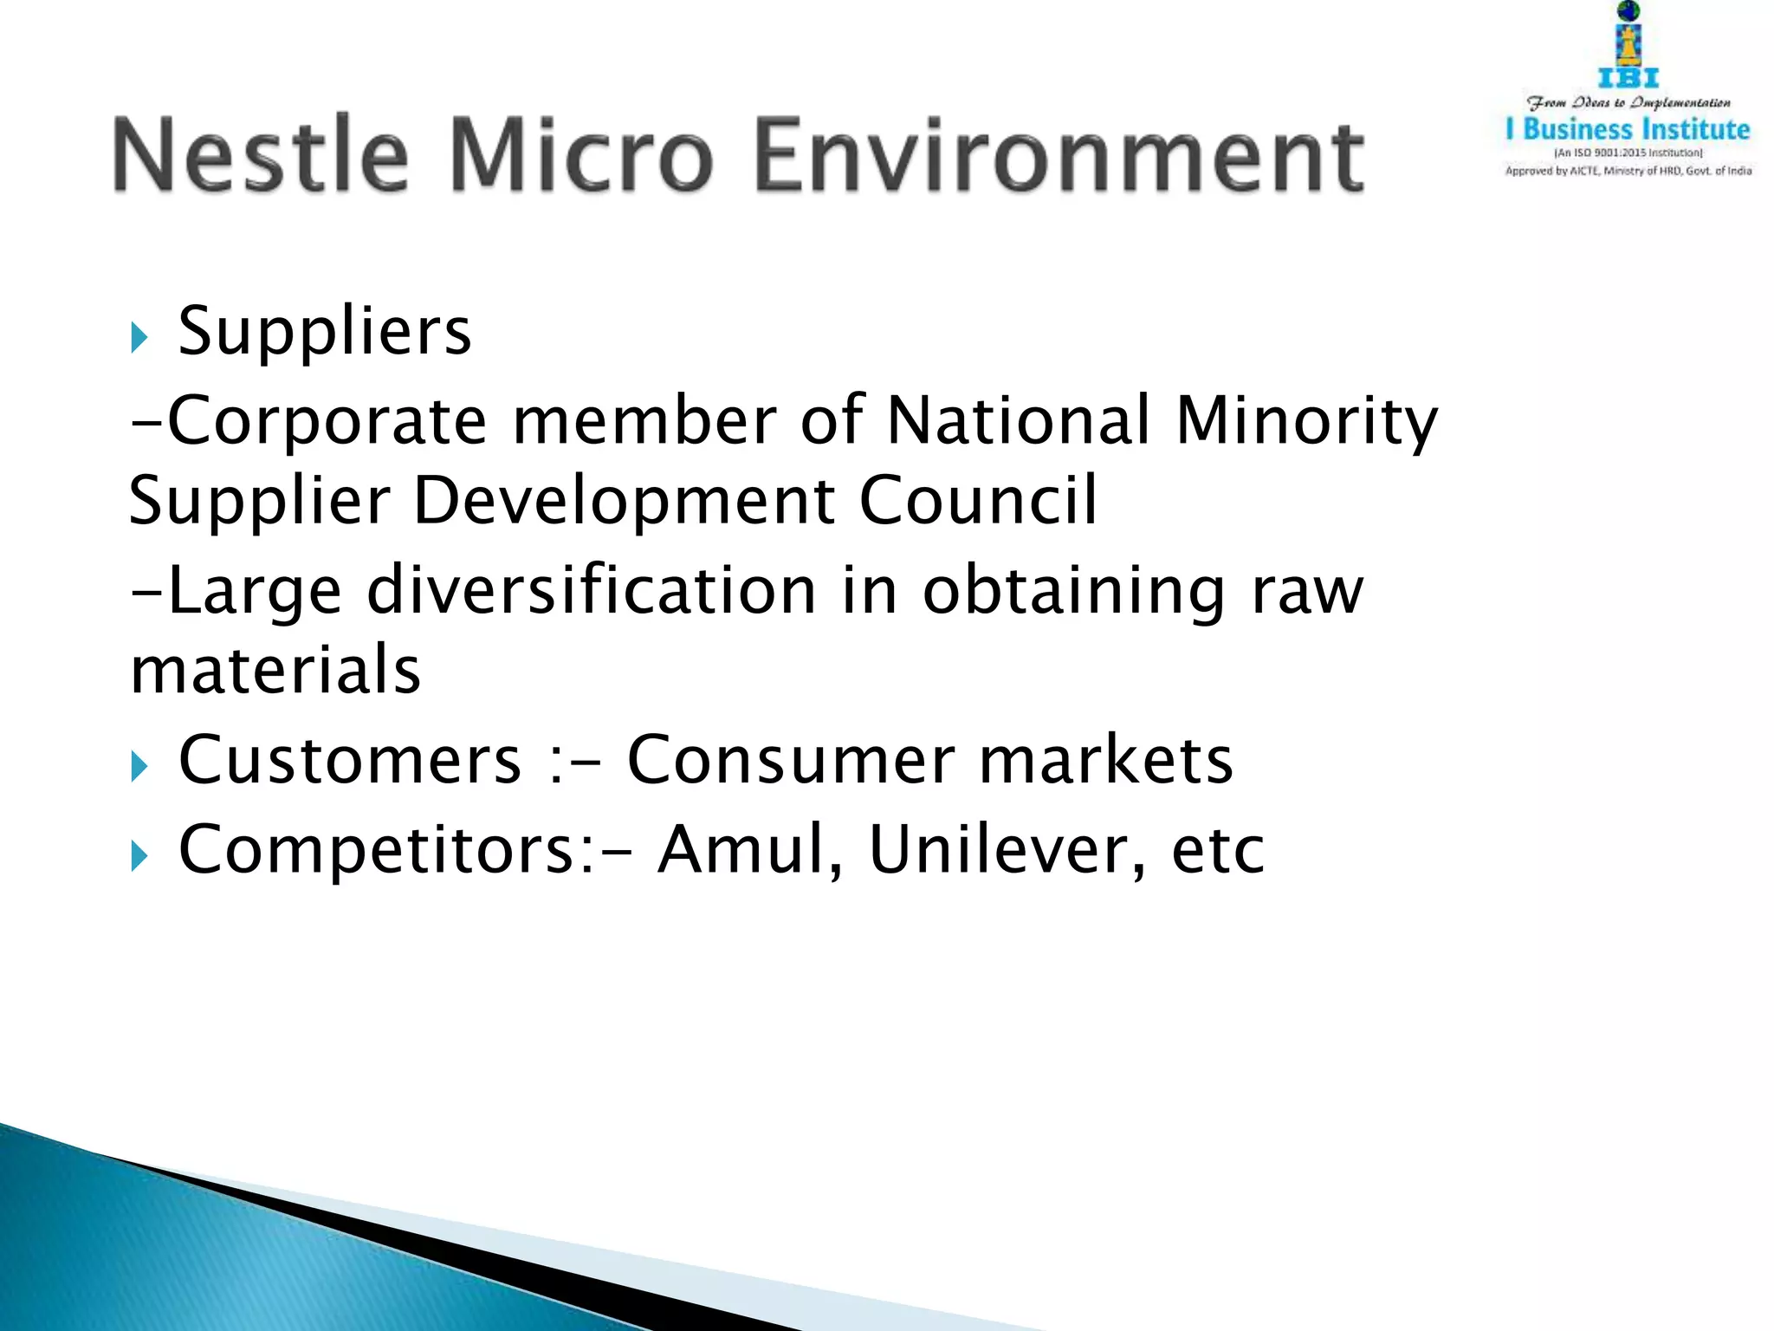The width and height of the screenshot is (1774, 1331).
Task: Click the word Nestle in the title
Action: [260, 155]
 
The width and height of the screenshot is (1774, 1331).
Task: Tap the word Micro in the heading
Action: [581, 155]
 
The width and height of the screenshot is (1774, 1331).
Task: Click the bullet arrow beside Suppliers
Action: [139, 337]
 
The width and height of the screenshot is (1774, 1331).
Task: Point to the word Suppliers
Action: [325, 332]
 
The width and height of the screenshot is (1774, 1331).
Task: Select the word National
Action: [1019, 420]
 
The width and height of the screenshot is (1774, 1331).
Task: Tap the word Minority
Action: [1306, 422]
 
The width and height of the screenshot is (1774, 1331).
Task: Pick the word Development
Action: [624, 502]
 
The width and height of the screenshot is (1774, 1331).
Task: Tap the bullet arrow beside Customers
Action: [139, 766]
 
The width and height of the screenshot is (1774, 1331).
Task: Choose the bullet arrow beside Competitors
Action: [139, 856]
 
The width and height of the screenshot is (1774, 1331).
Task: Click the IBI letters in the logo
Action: [1628, 78]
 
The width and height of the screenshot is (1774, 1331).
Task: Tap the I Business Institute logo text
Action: [1628, 130]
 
